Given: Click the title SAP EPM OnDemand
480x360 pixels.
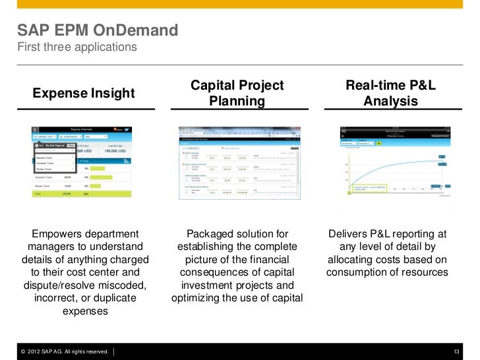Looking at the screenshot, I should [98, 30].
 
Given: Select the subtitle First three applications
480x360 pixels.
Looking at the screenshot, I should [77, 47].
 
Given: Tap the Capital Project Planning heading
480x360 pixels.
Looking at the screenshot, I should [237, 94].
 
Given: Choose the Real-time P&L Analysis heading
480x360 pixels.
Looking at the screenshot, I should [391, 94].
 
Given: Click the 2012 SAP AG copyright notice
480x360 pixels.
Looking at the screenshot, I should [64, 351].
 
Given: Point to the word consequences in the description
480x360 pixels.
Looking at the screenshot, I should [210, 272].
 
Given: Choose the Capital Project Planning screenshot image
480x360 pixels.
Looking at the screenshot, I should [237, 162].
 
